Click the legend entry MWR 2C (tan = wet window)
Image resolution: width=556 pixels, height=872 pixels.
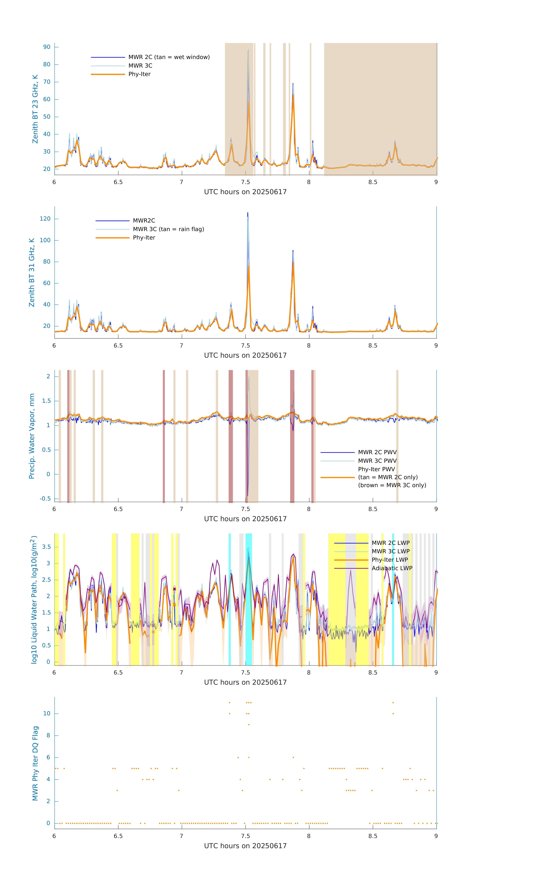click(169, 57)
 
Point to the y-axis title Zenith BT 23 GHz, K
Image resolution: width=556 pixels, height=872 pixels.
click(35, 109)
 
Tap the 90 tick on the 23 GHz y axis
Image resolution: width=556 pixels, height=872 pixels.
click(47, 47)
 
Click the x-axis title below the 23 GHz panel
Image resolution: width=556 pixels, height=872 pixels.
click(245, 192)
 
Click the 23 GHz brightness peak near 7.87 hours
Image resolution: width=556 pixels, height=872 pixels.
click(293, 84)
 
